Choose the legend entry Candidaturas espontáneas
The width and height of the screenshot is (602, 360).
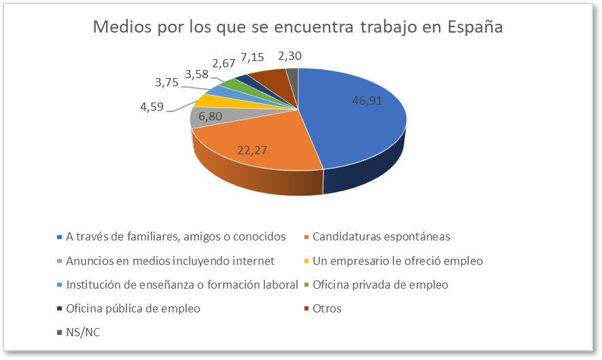click(x=381, y=236)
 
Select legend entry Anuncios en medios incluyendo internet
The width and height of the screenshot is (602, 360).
click(x=169, y=260)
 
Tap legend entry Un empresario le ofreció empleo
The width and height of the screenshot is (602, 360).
click(x=397, y=260)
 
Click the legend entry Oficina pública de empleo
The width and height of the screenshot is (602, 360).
click(x=133, y=308)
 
